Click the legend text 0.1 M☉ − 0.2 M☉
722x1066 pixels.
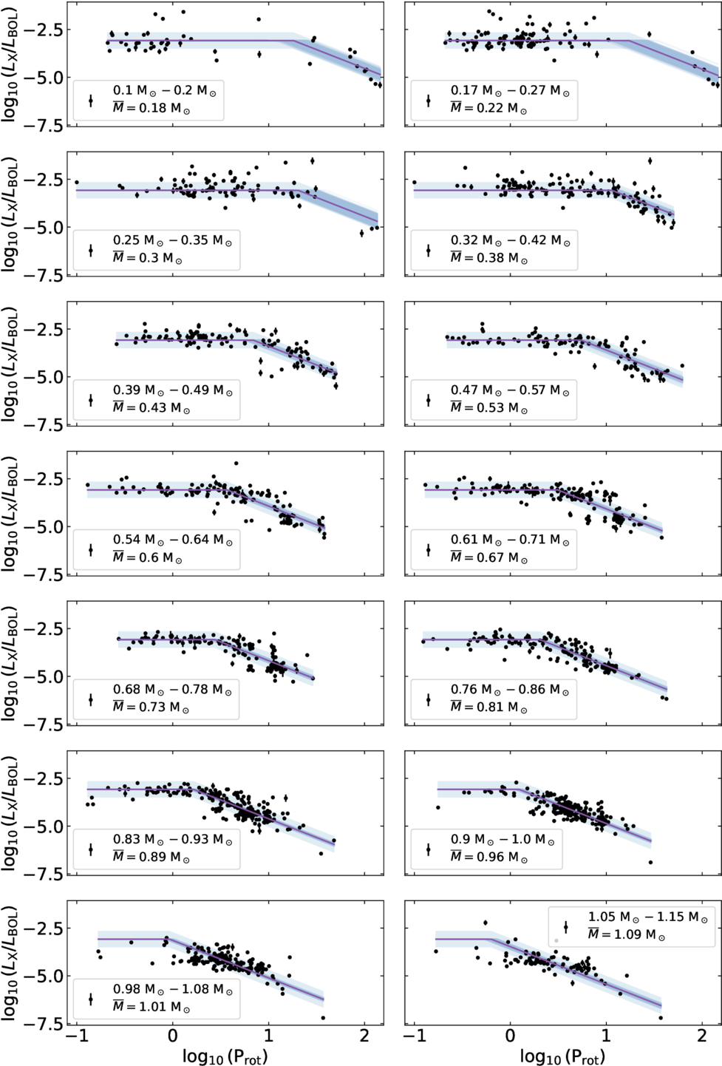click(165, 91)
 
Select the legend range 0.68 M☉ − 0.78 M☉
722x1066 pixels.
click(172, 690)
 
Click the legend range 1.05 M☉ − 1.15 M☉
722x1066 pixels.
click(648, 917)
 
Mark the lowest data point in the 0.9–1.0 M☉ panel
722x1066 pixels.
click(650, 862)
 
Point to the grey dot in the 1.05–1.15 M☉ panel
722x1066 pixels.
click(556, 940)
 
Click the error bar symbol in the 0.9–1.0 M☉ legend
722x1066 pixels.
click(429, 849)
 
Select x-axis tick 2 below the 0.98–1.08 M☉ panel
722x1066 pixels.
click(365, 1036)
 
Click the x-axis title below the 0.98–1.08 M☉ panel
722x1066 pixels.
click(225, 1056)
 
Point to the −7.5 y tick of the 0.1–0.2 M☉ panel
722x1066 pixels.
click(43, 126)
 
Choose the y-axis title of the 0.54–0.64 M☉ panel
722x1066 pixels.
click(10, 514)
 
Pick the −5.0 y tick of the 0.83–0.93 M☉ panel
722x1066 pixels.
click(43, 827)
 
